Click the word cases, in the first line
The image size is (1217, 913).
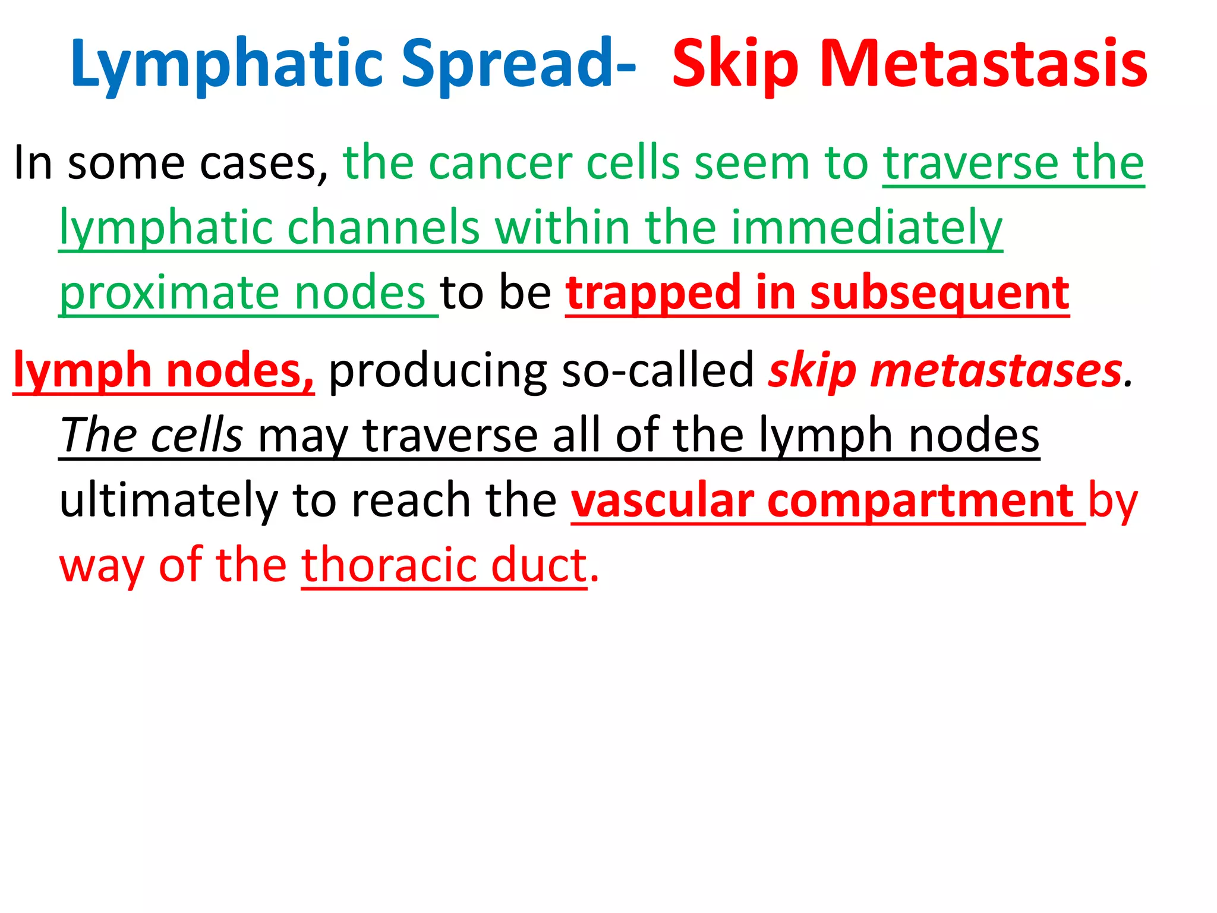point(264,163)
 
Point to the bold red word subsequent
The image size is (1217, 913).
point(939,294)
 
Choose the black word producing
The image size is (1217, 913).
point(437,370)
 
